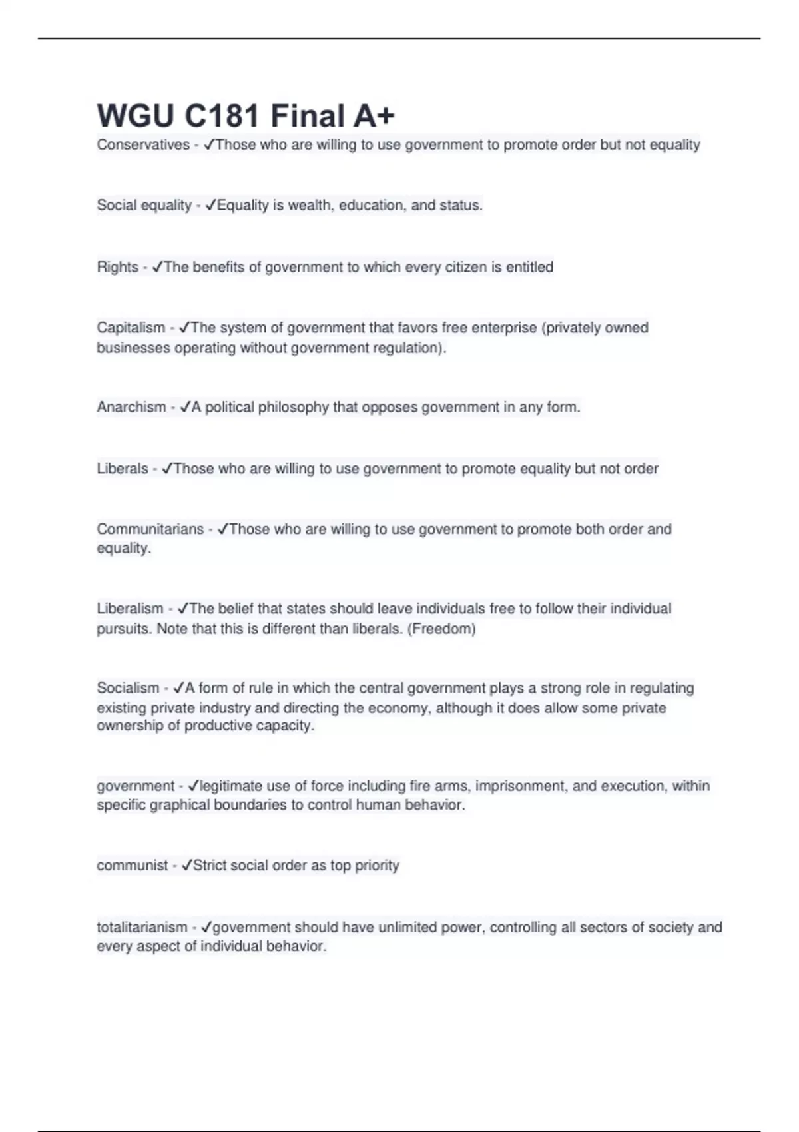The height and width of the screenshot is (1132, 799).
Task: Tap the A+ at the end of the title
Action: tap(374, 116)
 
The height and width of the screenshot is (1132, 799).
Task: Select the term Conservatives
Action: tap(143, 145)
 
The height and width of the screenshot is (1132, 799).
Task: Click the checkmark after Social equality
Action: tap(210, 206)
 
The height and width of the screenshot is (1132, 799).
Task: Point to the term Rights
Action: tap(117, 267)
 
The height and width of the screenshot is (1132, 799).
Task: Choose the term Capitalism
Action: tap(131, 328)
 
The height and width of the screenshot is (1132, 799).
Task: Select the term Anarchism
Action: tap(131, 407)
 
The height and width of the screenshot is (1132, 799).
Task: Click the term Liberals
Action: tap(123, 469)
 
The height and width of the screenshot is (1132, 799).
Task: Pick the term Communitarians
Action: tap(150, 529)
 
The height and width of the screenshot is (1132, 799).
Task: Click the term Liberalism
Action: tap(130, 609)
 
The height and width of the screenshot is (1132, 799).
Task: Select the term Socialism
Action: tap(128, 688)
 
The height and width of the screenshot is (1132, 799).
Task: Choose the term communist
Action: tap(132, 866)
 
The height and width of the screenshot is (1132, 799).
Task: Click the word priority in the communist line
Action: tap(377, 866)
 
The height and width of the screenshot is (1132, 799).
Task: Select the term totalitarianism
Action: tap(142, 927)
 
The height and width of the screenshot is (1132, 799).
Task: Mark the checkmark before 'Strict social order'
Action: tap(186, 866)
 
